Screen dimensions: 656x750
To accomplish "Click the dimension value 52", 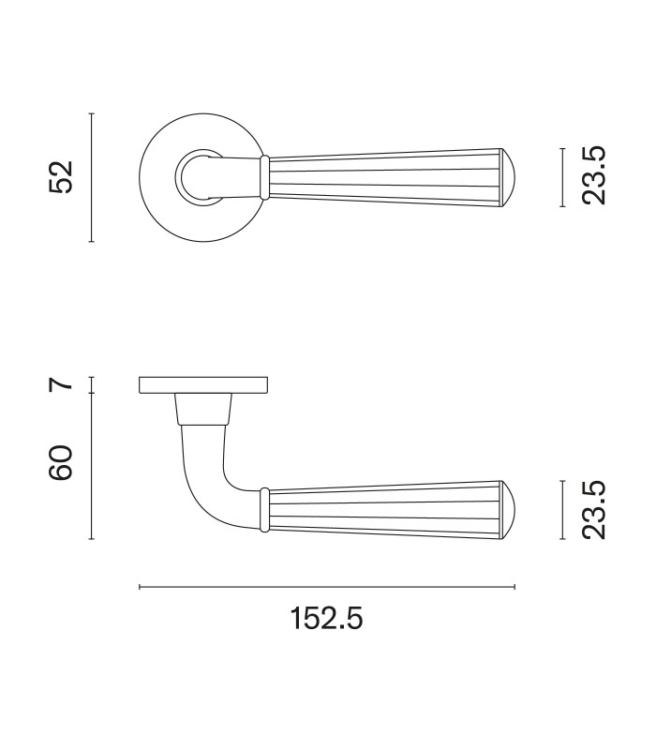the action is [61, 177].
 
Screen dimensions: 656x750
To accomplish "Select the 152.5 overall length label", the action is [326, 619].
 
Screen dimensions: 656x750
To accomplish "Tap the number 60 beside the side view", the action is [61, 462].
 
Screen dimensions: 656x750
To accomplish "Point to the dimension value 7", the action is [61, 384].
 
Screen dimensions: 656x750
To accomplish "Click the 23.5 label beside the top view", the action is [594, 176].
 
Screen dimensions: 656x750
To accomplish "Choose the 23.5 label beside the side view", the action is [594, 510].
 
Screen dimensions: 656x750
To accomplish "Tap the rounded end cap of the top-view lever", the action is [508, 177].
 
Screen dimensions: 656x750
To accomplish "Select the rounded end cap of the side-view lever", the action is [508, 510].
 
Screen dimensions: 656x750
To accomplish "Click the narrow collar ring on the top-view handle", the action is [264, 177].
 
